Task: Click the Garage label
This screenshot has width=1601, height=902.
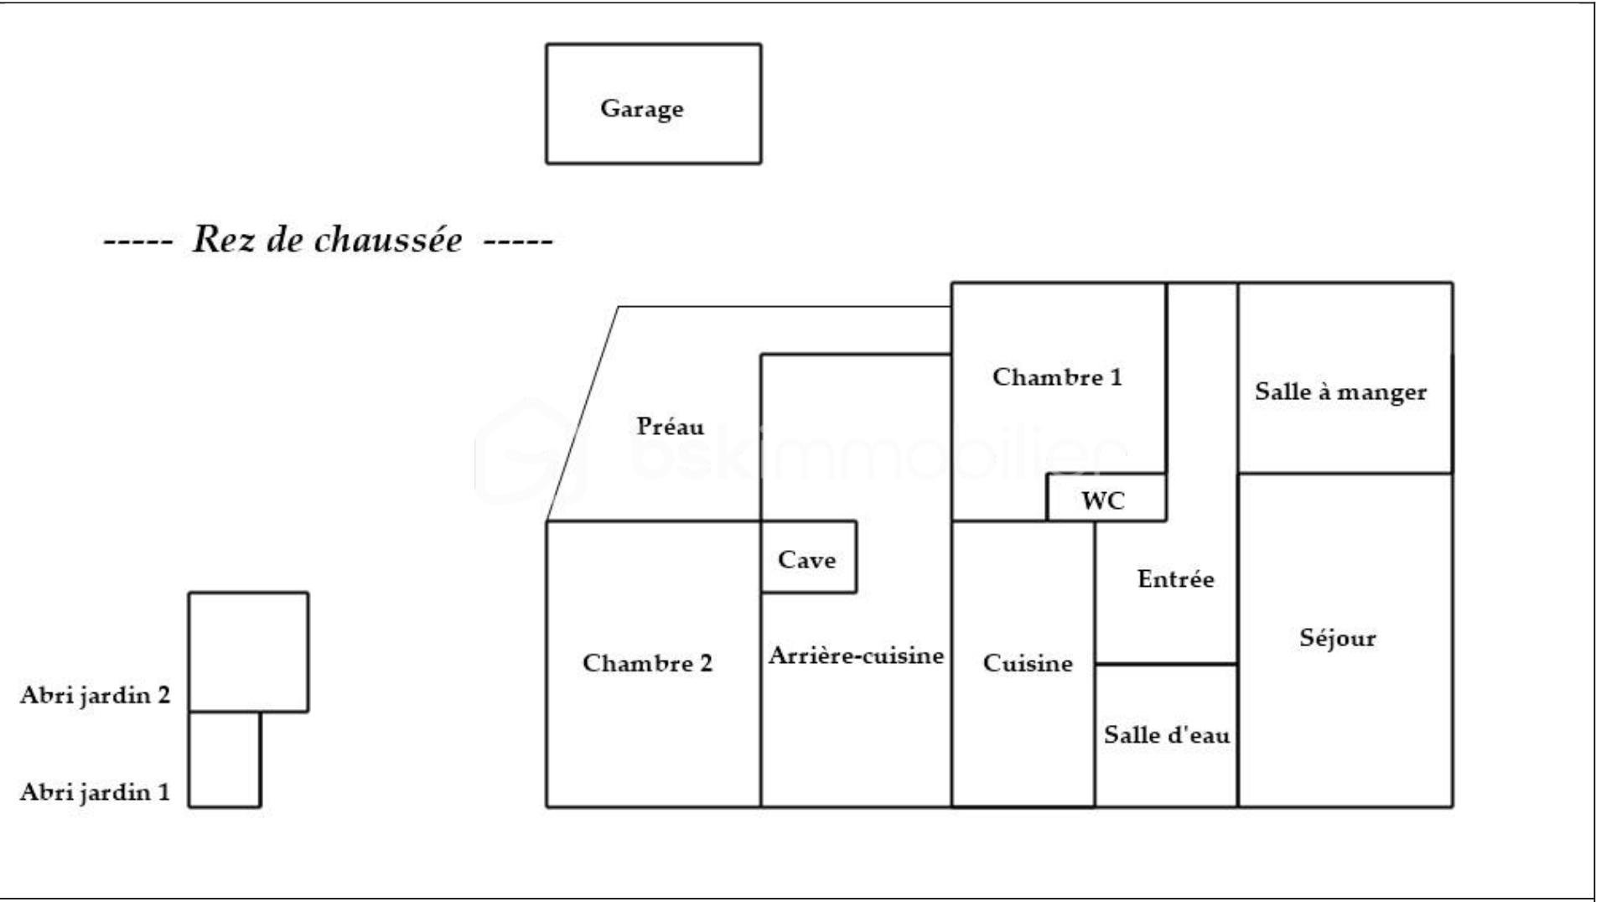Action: pyautogui.click(x=641, y=109)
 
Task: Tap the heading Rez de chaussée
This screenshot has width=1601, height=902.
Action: pyautogui.click(x=327, y=241)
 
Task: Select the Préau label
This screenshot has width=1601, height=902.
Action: pyautogui.click(x=671, y=426)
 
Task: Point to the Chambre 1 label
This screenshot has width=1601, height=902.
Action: pyautogui.click(x=1057, y=377)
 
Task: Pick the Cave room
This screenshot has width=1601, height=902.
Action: pyautogui.click(x=809, y=557)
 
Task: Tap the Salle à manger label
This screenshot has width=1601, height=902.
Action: pyautogui.click(x=1340, y=391)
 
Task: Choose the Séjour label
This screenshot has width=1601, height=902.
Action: pyautogui.click(x=1338, y=638)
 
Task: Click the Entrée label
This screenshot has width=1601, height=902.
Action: pyautogui.click(x=1175, y=578)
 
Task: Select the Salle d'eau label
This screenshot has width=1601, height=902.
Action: pyautogui.click(x=1166, y=735)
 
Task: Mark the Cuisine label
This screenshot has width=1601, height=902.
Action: pyautogui.click(x=1028, y=663)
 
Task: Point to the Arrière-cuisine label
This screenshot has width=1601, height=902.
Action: pyautogui.click(x=856, y=656)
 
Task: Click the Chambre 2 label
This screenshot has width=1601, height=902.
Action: pyautogui.click(x=647, y=663)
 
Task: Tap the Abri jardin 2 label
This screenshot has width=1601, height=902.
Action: pyautogui.click(x=95, y=695)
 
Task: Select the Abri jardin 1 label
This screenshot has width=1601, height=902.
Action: pyautogui.click(x=95, y=792)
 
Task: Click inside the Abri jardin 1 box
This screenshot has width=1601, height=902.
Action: pyautogui.click(x=225, y=759)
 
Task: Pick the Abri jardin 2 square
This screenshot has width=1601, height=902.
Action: pyautogui.click(x=248, y=652)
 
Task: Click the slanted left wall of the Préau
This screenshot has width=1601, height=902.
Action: pyautogui.click(x=583, y=414)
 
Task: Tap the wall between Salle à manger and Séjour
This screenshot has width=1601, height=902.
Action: pyautogui.click(x=1345, y=474)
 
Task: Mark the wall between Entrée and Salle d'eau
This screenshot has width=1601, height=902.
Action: pyautogui.click(x=1166, y=664)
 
